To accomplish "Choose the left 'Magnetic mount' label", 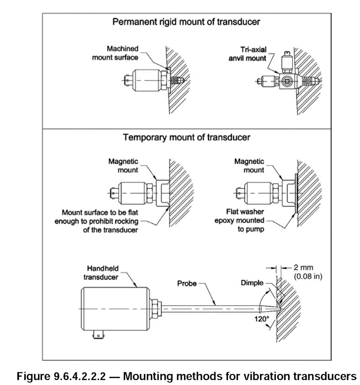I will coord(125,166).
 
